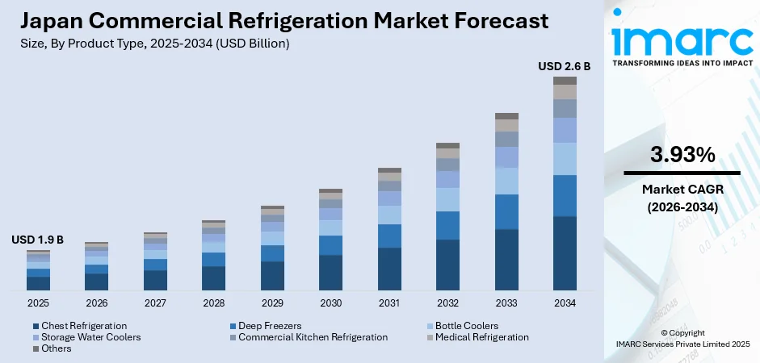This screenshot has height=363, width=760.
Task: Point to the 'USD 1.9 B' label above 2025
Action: tap(37, 240)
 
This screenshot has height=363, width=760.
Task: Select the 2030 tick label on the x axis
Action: tap(330, 303)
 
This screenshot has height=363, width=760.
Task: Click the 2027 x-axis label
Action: tap(155, 303)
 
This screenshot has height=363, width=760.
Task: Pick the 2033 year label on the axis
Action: tap(506, 303)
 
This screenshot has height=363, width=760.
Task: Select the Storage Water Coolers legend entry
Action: tap(90, 336)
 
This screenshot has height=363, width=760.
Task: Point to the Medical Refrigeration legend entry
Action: tap(481, 336)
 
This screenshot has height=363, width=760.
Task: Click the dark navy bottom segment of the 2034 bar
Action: tap(565, 252)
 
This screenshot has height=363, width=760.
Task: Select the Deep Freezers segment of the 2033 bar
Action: tap(506, 211)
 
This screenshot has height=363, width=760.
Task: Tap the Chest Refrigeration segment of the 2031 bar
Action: tap(389, 269)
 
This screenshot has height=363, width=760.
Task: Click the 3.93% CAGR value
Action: tap(682, 154)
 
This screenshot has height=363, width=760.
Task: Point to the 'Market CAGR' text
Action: tap(682, 189)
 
